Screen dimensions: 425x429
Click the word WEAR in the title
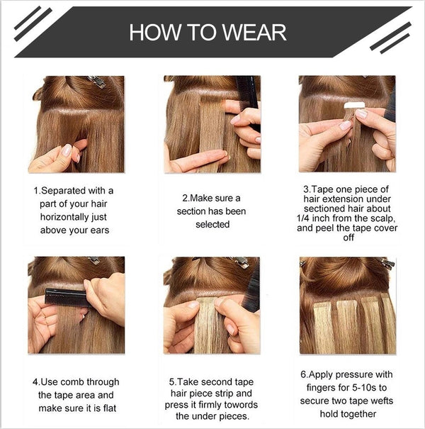tap(254, 33)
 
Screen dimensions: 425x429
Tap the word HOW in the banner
tap(155, 33)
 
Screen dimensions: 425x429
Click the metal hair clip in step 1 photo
tap(96, 82)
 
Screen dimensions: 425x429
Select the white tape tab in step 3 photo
tap(354, 106)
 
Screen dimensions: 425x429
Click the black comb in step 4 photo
tap(67, 297)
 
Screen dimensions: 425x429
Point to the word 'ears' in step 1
tap(100, 230)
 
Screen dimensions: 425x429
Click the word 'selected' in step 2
tap(212, 224)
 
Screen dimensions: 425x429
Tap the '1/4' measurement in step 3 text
tap(303, 218)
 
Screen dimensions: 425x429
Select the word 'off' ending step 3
tap(348, 238)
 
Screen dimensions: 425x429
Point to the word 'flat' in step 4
tap(110, 408)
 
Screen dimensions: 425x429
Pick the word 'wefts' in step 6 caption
tap(381, 401)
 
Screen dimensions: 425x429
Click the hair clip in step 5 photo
tap(240, 262)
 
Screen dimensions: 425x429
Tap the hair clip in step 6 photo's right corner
tap(387, 263)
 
